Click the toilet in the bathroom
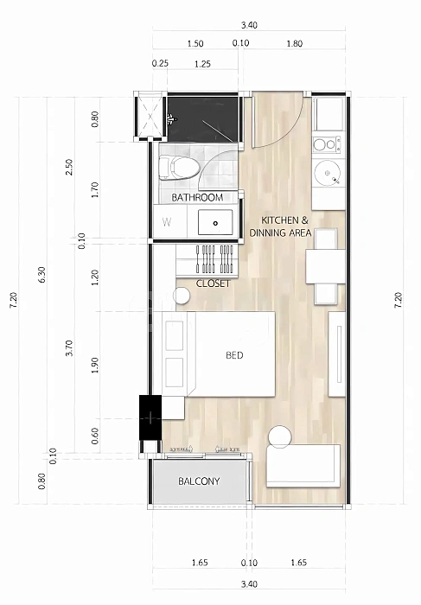click(179, 167)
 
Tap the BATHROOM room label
click(197, 198)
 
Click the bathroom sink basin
click(215, 222)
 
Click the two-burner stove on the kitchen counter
click(327, 144)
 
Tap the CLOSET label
click(213, 283)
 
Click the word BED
click(234, 355)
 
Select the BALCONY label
click(199, 481)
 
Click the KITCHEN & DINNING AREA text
click(281, 226)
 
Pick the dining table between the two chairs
click(326, 266)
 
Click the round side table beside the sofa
click(280, 436)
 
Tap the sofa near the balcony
click(303, 465)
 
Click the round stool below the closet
click(182, 296)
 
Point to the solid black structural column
click(150, 417)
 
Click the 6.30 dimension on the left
click(42, 274)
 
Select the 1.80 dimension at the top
click(295, 43)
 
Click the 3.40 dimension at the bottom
click(249, 584)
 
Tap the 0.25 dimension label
click(160, 63)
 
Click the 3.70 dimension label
click(69, 348)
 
